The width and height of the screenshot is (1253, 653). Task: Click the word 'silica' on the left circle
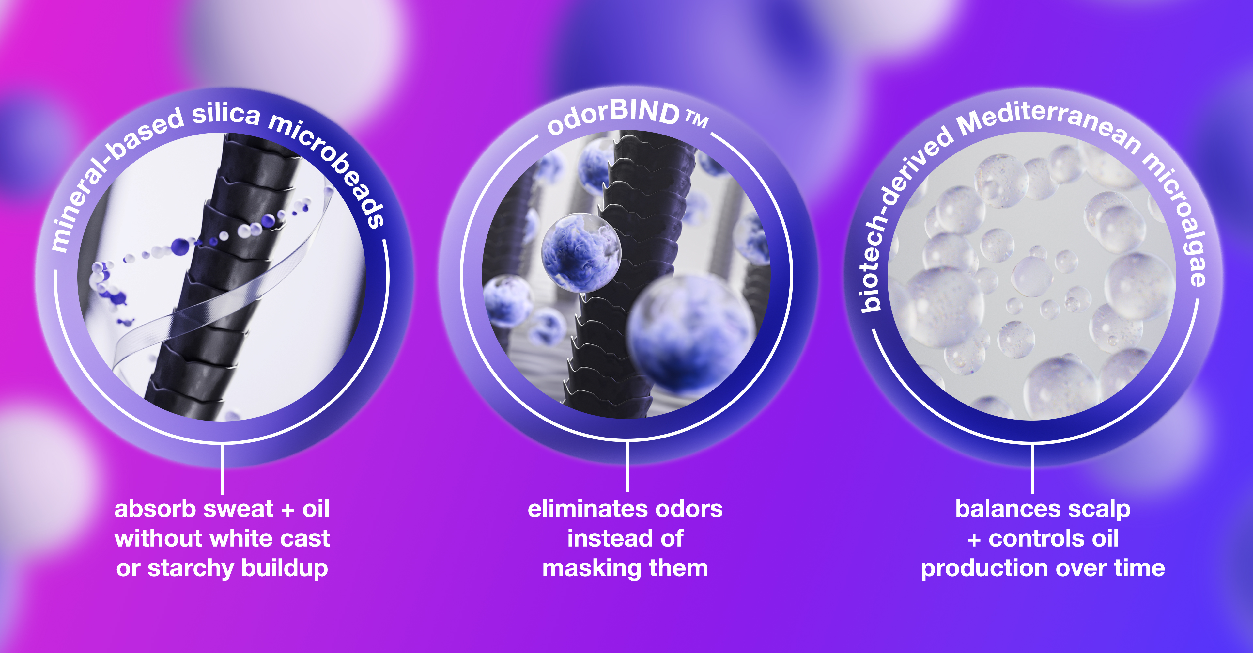226,114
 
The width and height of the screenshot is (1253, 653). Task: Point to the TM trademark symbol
697,119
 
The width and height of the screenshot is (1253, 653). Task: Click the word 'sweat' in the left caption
238,509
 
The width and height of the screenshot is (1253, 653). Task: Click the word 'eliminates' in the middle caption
588,509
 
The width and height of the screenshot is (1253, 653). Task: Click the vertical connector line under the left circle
222,469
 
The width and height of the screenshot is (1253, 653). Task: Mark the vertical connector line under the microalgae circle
1032,469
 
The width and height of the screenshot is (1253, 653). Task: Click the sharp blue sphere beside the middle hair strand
581,253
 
